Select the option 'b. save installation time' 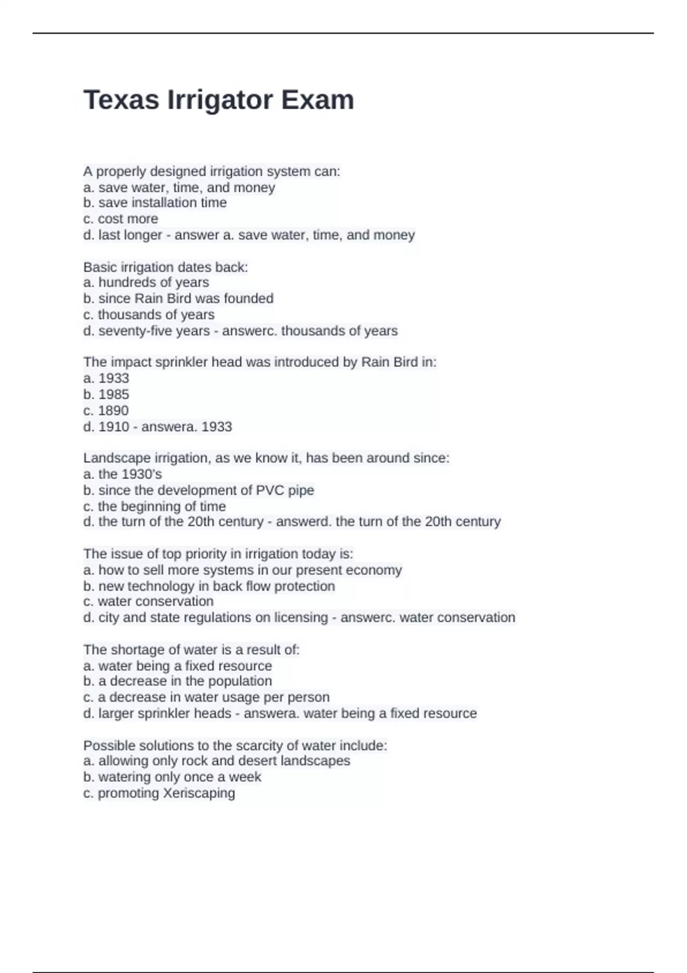[155, 203]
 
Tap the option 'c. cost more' [120, 219]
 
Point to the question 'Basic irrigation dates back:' [165, 267]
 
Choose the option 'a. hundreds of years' [146, 282]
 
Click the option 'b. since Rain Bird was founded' [178, 298]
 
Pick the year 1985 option [106, 394]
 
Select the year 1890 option [106, 410]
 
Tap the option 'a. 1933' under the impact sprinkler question [106, 378]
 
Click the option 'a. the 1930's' [123, 474]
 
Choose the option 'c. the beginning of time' [155, 507]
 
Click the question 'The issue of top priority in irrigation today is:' [218, 553]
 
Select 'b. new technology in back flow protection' [209, 586]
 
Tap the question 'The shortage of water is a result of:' [191, 650]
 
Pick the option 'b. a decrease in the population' [177, 681]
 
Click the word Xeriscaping [199, 793]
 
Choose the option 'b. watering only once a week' [172, 777]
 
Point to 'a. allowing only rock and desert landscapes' [216, 761]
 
